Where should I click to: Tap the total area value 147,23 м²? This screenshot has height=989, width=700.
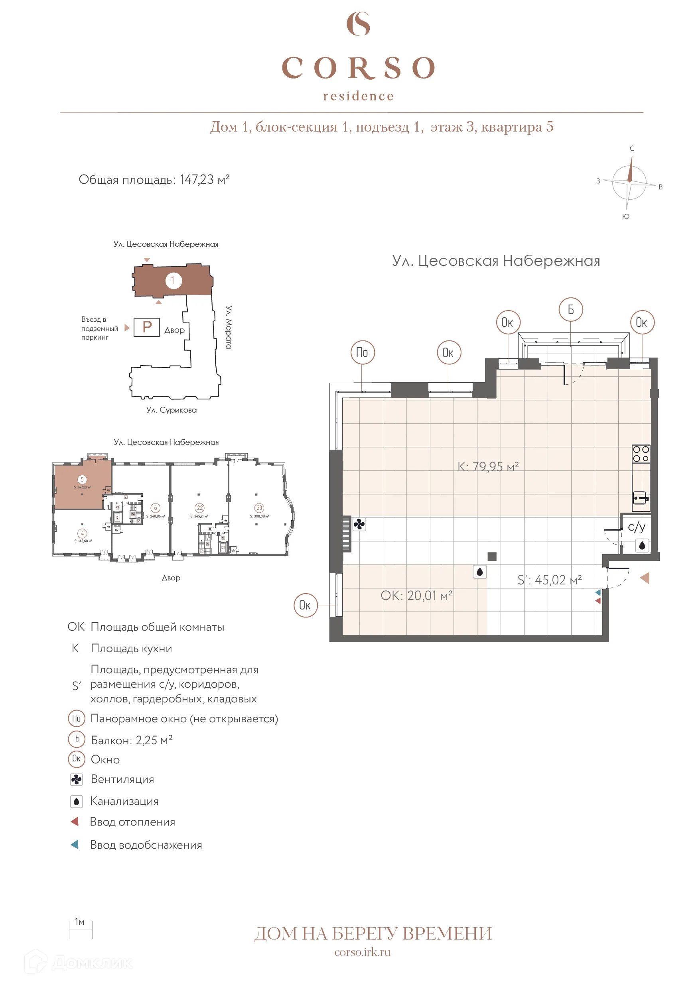pyautogui.click(x=204, y=180)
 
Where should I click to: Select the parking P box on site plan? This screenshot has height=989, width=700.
pyautogui.click(x=146, y=327)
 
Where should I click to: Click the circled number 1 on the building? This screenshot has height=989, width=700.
pyautogui.click(x=173, y=281)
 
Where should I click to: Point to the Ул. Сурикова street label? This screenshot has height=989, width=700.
pyautogui.click(x=171, y=410)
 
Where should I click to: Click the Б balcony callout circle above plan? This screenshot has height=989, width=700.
pyautogui.click(x=570, y=310)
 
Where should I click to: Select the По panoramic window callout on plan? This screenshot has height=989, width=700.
pyautogui.click(x=362, y=352)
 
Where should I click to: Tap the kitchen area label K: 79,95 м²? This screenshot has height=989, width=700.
pyautogui.click(x=487, y=466)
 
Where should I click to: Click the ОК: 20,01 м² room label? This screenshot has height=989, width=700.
pyautogui.click(x=416, y=595)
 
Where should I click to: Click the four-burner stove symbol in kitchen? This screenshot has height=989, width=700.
pyautogui.click(x=641, y=454)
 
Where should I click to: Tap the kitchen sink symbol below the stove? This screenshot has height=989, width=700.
pyautogui.click(x=641, y=498)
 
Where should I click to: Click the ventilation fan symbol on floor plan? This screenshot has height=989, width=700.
pyautogui.click(x=359, y=524)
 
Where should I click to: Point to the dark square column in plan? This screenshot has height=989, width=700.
pyautogui.click(x=492, y=556)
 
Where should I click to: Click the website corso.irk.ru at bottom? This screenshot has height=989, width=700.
pyautogui.click(x=362, y=952)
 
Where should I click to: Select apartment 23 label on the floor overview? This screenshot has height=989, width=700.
pyautogui.click(x=259, y=508)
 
